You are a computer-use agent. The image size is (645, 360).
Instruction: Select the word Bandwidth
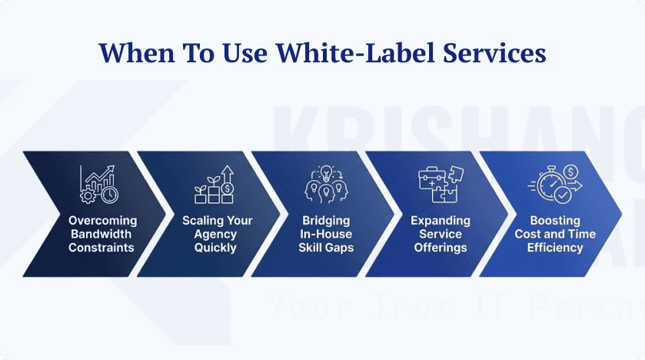pos(101,234)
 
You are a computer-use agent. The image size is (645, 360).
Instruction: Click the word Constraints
pos(101,248)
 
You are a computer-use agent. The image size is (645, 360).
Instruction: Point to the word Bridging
pos(327,221)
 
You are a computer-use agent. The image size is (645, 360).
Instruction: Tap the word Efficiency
pos(555,248)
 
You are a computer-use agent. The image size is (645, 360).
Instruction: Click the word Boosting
pos(555,221)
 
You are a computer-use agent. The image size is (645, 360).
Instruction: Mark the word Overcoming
pos(101,221)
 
